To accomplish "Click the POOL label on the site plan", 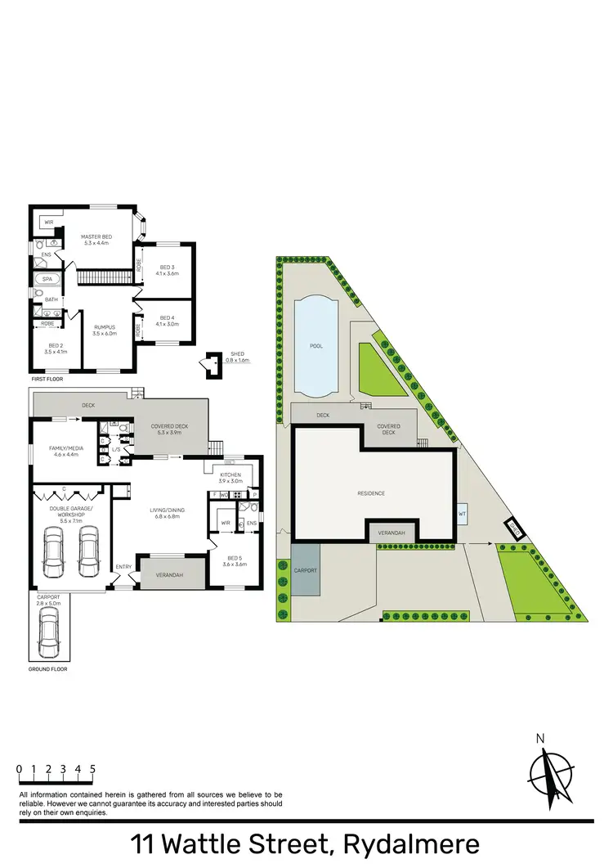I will click(x=316, y=346).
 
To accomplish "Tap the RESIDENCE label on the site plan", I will click(x=370, y=493).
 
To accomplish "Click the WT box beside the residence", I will click(x=462, y=514).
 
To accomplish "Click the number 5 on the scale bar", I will click(x=93, y=769).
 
